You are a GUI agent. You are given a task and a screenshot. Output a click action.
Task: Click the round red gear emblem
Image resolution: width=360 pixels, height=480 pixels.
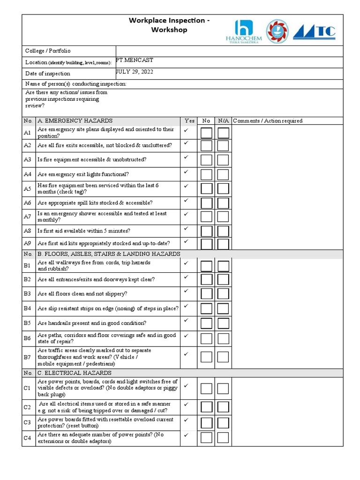[278, 32]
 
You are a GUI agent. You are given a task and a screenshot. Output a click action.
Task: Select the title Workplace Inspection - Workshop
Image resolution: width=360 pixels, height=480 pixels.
[163, 25]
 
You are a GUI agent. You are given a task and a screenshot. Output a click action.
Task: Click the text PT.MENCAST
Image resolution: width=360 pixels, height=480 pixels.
[135, 60]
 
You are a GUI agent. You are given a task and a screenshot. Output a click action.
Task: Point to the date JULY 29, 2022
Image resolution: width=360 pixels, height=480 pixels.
[135, 72]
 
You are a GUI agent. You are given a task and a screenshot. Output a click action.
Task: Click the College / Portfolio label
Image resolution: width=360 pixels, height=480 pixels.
[47, 51]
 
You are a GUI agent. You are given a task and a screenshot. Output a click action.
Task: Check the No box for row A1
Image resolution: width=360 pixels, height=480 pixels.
[206, 133]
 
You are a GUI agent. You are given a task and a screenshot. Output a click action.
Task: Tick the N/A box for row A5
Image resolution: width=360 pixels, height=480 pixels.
[223, 189]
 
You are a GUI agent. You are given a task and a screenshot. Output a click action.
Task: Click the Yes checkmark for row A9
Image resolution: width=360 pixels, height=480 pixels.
[186, 241]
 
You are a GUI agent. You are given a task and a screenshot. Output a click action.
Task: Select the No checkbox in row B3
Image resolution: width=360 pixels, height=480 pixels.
[206, 294]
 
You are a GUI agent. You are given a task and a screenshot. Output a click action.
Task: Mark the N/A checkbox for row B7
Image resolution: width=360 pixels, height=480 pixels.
[223, 357]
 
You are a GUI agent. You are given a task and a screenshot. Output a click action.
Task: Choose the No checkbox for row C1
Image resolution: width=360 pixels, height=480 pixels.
[206, 389]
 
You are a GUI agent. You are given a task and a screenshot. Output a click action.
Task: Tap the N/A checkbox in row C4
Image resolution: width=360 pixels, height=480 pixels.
[223, 438]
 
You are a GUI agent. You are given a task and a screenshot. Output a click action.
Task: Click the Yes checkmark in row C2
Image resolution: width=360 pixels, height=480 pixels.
[186, 404]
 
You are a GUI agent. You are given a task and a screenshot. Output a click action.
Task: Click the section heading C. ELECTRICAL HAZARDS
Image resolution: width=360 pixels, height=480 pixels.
[75, 373]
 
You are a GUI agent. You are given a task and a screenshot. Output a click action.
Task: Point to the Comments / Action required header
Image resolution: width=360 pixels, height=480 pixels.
[268, 121]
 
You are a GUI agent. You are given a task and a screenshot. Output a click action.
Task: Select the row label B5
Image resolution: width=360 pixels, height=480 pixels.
[27, 323]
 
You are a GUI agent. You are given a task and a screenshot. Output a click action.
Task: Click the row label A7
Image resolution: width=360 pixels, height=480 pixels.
[27, 217]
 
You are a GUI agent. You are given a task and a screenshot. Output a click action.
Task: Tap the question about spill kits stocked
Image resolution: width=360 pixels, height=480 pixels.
[95, 203]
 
